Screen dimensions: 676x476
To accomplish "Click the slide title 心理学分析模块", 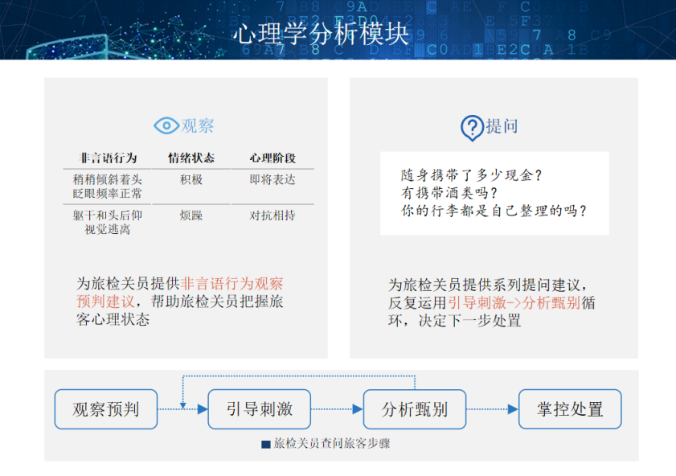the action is tap(321, 33).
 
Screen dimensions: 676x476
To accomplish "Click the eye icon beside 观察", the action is tap(166, 125).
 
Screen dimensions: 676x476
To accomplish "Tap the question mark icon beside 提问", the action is tap(471, 127).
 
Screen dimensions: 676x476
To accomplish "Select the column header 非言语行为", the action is tap(108, 158).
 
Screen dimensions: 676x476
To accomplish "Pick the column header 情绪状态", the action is tap(191, 158).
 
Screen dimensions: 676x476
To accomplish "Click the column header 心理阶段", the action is tap(272, 158).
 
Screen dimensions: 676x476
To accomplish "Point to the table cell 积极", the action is tap(191, 179).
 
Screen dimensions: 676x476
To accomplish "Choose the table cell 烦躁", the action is tap(191, 215).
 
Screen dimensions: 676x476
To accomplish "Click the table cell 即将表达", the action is tap(272, 179).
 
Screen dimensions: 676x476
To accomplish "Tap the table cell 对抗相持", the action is tap(272, 215).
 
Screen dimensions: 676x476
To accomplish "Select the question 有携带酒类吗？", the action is tap(449, 193).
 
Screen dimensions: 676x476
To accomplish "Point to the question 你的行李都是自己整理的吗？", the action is tap(494, 211).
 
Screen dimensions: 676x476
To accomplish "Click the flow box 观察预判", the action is tap(106, 409).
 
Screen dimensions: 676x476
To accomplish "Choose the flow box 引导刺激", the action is tap(260, 409).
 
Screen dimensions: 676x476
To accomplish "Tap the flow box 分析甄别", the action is tap(415, 409).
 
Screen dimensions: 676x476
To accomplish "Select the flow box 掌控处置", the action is tap(570, 409).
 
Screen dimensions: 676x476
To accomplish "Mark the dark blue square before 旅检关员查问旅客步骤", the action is tap(266, 444).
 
